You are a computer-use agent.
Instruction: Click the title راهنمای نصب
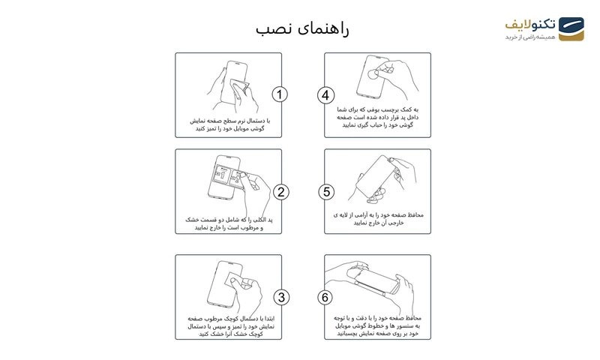click(302, 28)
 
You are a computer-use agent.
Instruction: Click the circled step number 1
click(280, 94)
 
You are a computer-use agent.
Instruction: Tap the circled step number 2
click(280, 192)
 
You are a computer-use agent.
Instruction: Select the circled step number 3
click(280, 297)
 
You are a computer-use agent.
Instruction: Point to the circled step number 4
click(325, 94)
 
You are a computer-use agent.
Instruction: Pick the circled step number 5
click(325, 192)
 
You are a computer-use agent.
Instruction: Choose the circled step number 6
click(325, 297)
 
